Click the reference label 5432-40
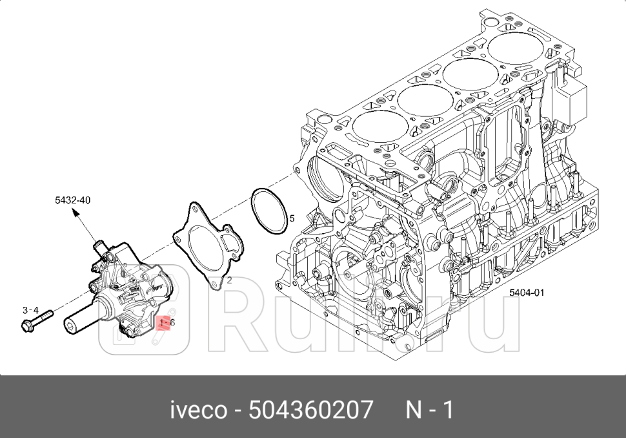click(72, 200)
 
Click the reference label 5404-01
click(527, 293)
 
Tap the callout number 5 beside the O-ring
click(292, 218)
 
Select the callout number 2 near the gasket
click(228, 280)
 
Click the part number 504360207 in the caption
click(312, 410)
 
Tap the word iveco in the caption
click(198, 410)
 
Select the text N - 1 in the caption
click(430, 410)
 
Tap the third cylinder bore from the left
click(471, 73)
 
